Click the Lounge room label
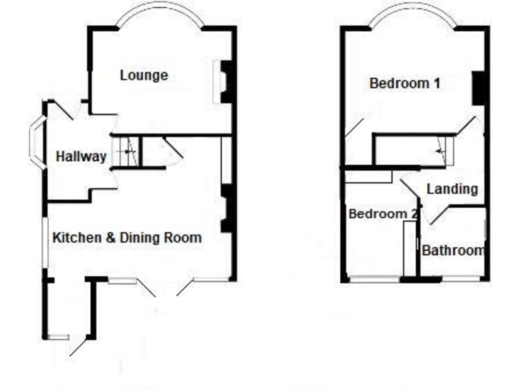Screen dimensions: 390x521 click(x=144, y=74)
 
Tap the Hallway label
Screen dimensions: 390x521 click(x=81, y=156)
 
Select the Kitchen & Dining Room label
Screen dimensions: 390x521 click(x=127, y=238)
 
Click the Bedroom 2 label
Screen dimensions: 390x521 click(x=382, y=214)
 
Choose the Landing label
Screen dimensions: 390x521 click(x=452, y=189)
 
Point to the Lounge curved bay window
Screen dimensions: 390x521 click(x=160, y=12)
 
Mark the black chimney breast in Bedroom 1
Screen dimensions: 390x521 click(x=478, y=88)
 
